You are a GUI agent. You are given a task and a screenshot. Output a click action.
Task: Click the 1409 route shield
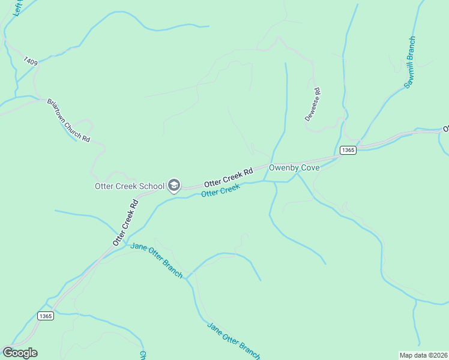point(31,61)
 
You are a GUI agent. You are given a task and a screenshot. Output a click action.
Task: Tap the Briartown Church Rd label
point(68,120)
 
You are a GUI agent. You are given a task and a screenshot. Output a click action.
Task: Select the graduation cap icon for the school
point(174,185)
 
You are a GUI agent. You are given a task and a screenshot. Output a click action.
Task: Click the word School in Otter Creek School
point(152,186)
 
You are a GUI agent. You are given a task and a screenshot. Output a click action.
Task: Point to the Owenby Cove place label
point(294,168)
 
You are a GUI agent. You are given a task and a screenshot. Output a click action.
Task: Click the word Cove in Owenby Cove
point(309,168)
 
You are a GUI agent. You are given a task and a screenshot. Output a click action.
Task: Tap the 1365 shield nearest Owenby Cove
point(348,150)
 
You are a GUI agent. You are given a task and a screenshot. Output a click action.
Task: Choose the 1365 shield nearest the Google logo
point(45,316)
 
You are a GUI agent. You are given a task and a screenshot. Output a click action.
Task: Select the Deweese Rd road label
point(313,105)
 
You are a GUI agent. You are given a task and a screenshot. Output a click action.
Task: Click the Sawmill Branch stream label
point(409,63)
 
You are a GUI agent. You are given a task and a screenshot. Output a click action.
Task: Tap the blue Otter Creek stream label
point(220,191)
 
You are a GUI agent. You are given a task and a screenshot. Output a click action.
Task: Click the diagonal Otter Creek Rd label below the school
point(126,223)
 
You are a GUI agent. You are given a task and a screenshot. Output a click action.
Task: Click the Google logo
point(20,353)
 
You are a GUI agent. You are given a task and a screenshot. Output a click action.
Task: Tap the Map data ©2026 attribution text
point(423,355)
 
